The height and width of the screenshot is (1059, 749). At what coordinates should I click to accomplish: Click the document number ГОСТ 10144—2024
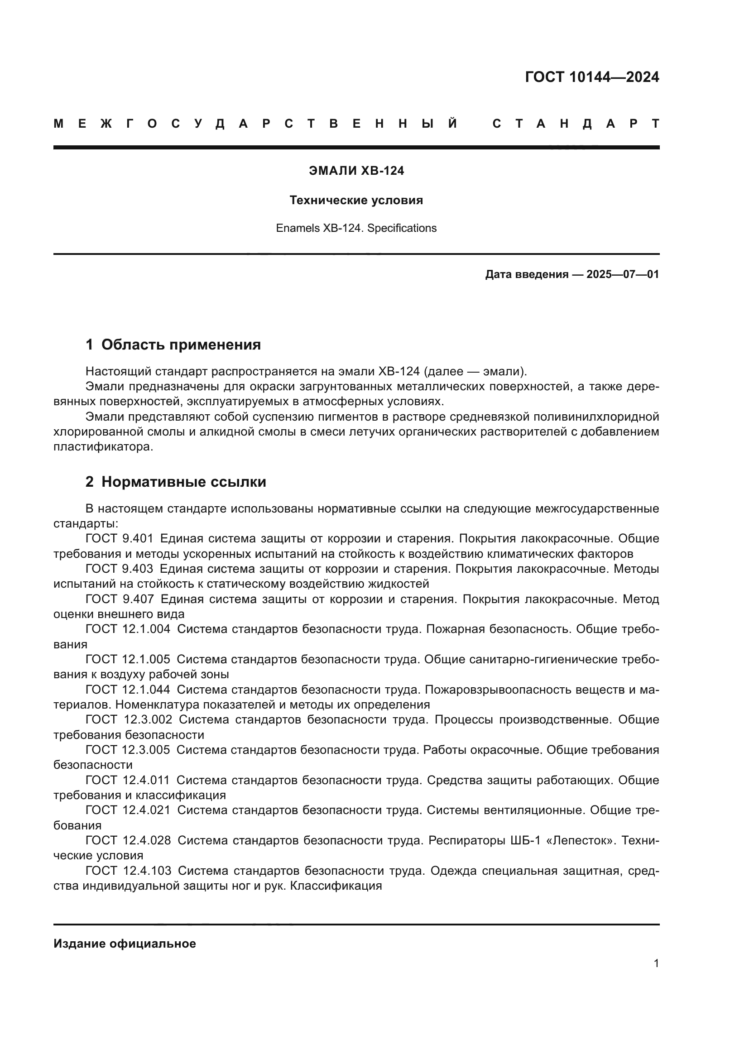click(592, 77)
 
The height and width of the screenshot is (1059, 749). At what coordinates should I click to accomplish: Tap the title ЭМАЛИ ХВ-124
click(356, 171)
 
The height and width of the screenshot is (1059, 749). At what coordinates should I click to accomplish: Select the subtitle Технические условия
click(356, 200)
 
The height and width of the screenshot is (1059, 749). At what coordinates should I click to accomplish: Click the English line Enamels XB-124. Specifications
click(356, 228)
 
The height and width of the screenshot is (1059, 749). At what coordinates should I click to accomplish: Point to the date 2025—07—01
click(622, 274)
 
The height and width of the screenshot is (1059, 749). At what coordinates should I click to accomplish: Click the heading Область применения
click(181, 345)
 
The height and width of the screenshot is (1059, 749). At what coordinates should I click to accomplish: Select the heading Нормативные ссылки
click(183, 482)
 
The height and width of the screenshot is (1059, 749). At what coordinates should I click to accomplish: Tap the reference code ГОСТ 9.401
click(119, 539)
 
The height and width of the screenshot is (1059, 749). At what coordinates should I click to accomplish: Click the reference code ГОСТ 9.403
click(119, 569)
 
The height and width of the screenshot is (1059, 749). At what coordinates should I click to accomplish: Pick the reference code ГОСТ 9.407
click(119, 599)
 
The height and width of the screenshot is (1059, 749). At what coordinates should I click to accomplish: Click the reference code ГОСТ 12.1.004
click(128, 629)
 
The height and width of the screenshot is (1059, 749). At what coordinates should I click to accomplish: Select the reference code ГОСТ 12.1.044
click(128, 690)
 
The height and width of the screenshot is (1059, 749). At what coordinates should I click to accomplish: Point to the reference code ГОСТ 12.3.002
click(129, 719)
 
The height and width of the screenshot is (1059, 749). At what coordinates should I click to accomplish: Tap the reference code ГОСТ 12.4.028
click(128, 840)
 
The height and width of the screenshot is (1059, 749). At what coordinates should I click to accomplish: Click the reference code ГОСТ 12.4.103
click(128, 871)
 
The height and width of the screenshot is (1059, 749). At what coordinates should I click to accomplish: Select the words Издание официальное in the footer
click(125, 944)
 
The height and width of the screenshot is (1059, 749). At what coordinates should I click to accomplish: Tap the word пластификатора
click(103, 447)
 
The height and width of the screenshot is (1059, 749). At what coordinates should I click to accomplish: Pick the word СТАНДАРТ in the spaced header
click(576, 124)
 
